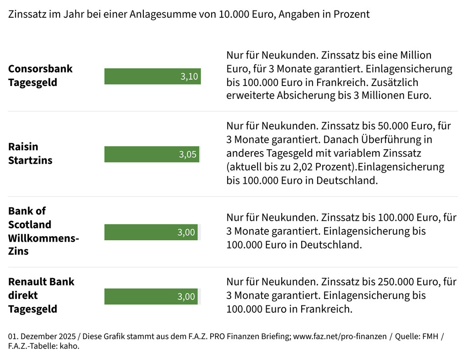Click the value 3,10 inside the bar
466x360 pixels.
[189, 76]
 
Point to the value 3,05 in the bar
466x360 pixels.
[187, 154]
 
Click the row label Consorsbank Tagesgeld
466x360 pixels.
[40, 76]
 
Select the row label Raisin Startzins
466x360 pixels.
[30, 153]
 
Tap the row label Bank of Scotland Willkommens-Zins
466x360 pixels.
[43, 231]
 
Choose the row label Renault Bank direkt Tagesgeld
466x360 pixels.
[41, 295]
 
